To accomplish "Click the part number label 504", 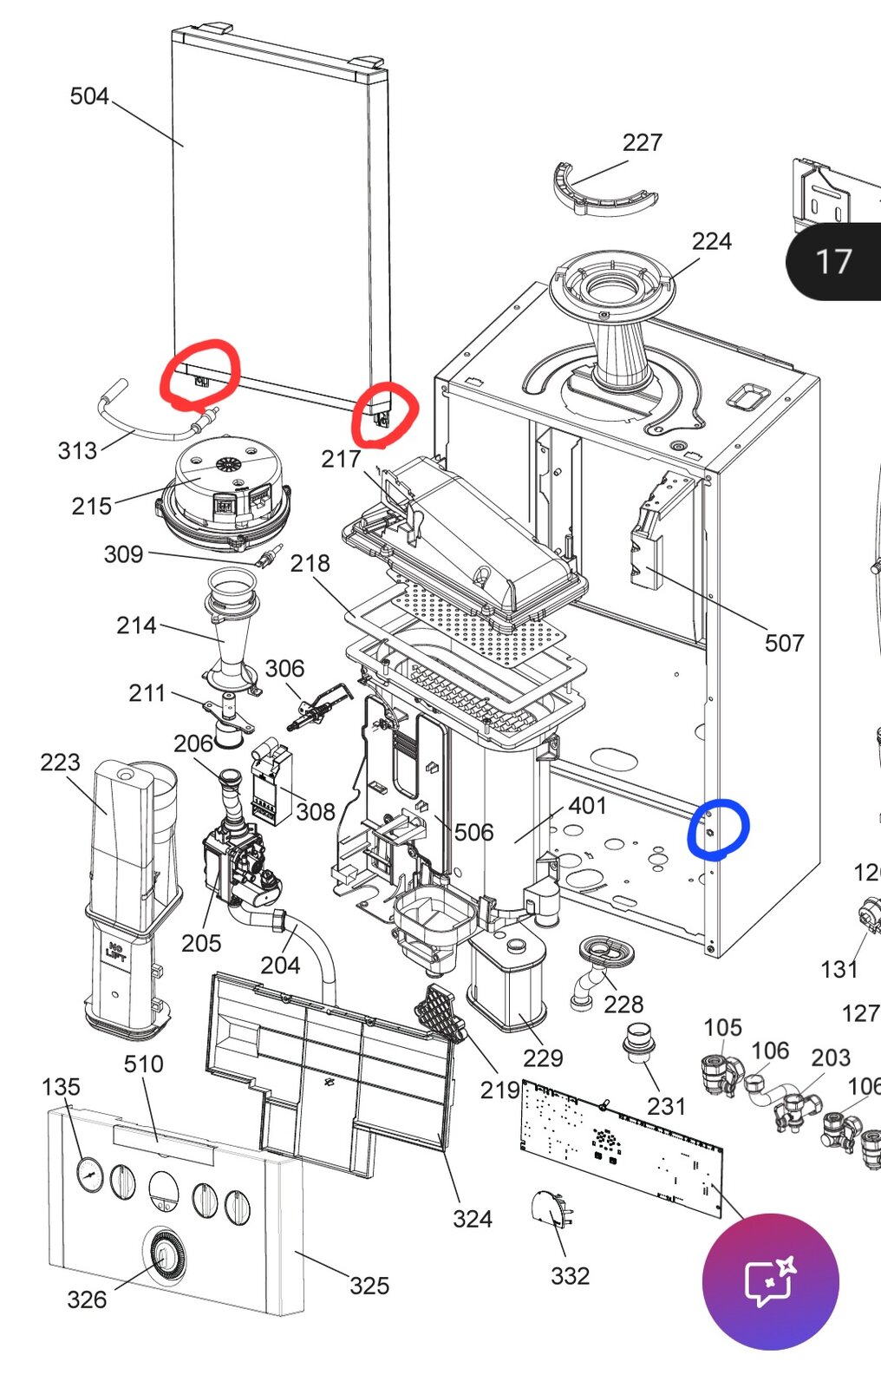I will tap(89, 96).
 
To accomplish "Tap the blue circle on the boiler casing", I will tap(717, 829).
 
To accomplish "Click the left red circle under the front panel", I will tap(199, 375).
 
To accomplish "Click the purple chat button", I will tap(770, 1281).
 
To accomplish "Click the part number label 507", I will tap(784, 643).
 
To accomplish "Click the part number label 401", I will tap(587, 806).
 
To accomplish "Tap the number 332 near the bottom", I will tap(570, 1276).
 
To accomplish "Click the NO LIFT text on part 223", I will tap(115, 951).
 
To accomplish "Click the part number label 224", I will tap(711, 241).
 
